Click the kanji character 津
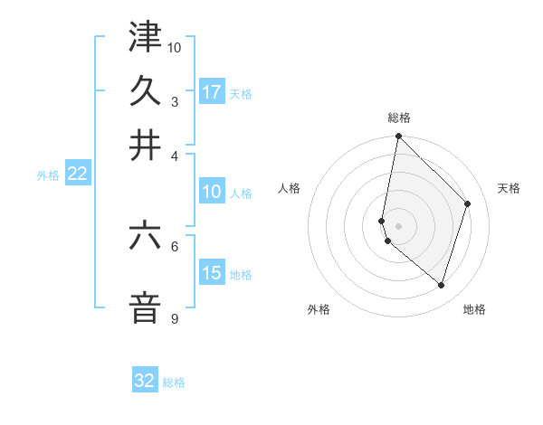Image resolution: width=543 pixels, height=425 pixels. point(145,38)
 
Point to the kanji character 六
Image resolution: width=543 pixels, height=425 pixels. point(145,237)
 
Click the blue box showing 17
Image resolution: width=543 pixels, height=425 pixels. point(212,91)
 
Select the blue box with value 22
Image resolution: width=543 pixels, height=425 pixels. point(77,174)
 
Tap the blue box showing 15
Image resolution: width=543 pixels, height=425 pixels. point(212,272)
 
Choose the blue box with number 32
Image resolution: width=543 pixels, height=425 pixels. point(145,381)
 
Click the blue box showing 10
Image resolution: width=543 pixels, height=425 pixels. point(212,191)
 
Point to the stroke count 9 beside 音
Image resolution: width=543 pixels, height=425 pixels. point(174,318)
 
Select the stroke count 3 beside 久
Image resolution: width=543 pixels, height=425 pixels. point(174,101)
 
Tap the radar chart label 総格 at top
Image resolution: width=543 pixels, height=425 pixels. point(398,118)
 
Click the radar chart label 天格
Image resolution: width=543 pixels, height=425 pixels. point(509,188)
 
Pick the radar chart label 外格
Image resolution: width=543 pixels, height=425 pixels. point(319,309)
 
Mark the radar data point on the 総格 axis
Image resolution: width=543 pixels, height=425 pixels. point(398,137)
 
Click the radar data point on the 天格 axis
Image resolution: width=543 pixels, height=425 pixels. point(468,203)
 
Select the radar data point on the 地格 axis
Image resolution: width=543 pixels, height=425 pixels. point(441,285)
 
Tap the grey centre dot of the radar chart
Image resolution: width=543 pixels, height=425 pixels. point(398,226)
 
